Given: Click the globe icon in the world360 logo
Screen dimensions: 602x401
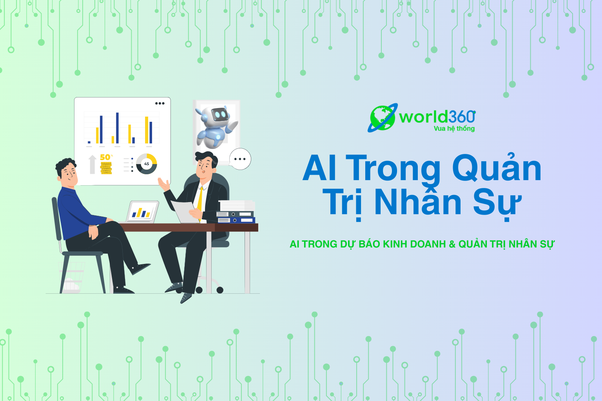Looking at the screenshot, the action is [x=383, y=118].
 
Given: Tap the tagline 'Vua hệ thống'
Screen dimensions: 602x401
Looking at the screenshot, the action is [x=454, y=129].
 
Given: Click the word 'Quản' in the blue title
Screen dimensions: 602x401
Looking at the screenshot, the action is [x=497, y=167].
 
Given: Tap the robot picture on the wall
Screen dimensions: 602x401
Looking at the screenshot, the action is [x=217, y=126].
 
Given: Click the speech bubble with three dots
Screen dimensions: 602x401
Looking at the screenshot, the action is [x=240, y=159].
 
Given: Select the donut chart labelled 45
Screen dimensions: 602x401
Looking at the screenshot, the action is [x=147, y=164].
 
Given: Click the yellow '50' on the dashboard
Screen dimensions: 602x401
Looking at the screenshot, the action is [x=105, y=157].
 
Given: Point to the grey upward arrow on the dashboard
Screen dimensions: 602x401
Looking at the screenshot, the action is [x=92, y=164].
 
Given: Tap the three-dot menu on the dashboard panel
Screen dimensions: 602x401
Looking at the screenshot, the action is [x=160, y=103].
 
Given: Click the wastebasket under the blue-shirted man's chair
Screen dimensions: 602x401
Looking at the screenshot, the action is [x=71, y=278].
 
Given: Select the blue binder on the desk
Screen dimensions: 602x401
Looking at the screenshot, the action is [x=236, y=220].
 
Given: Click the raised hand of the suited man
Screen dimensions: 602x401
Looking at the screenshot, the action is [x=164, y=184].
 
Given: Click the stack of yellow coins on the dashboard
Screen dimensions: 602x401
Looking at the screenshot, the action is [x=106, y=168].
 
